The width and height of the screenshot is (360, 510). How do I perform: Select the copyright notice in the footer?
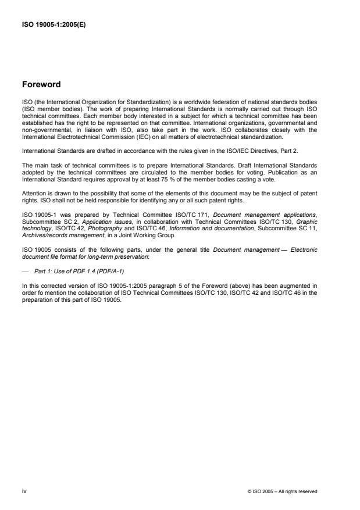(x=282, y=491)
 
